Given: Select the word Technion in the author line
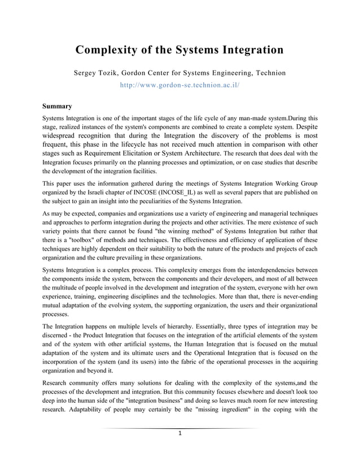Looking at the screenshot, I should coord(267,73).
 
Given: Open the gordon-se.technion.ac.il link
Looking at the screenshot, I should coord(180,86).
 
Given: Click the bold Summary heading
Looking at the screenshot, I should coord(57,105).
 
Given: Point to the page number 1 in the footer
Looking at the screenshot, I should coord(179,433).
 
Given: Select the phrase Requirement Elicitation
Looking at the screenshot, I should coord(120,153).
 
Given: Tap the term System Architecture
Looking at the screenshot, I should coord(190,153).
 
